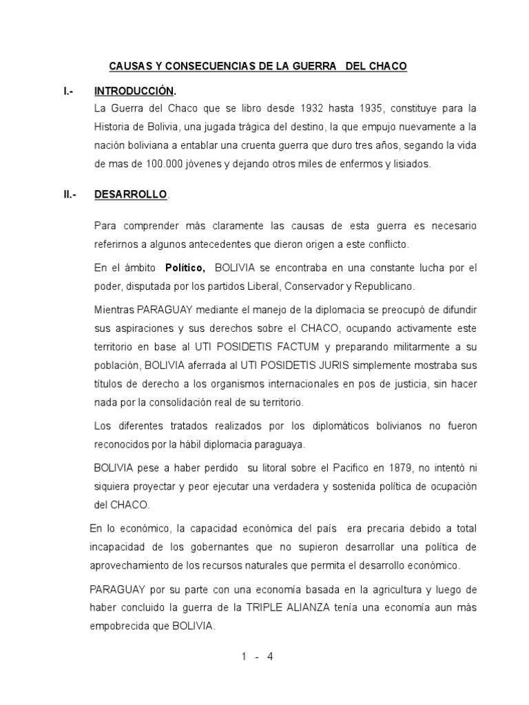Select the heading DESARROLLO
[130, 195]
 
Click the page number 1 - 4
[258, 656]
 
